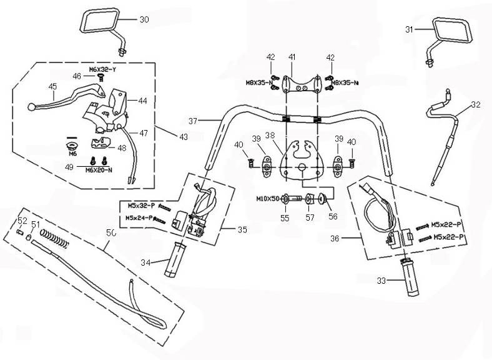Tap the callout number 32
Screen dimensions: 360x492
point(476,104)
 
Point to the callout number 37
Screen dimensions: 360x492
point(193,121)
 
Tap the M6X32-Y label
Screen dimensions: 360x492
point(101,69)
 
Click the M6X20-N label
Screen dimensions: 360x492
point(99,169)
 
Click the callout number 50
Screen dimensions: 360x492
point(111,232)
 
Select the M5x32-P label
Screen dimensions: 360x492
point(137,204)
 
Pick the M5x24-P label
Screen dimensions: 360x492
point(137,217)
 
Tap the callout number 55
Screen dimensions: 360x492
point(285,219)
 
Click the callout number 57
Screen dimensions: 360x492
point(310,219)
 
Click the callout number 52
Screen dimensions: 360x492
point(22,221)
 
